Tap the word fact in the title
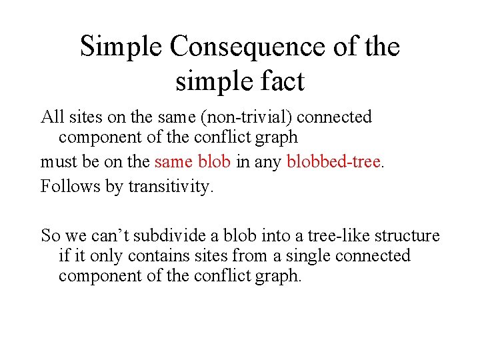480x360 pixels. [280, 81]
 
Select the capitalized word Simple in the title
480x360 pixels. [121, 47]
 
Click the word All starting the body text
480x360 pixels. [52, 117]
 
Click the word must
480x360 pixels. [56, 162]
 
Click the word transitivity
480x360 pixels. [171, 186]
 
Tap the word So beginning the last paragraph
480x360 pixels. [50, 236]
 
